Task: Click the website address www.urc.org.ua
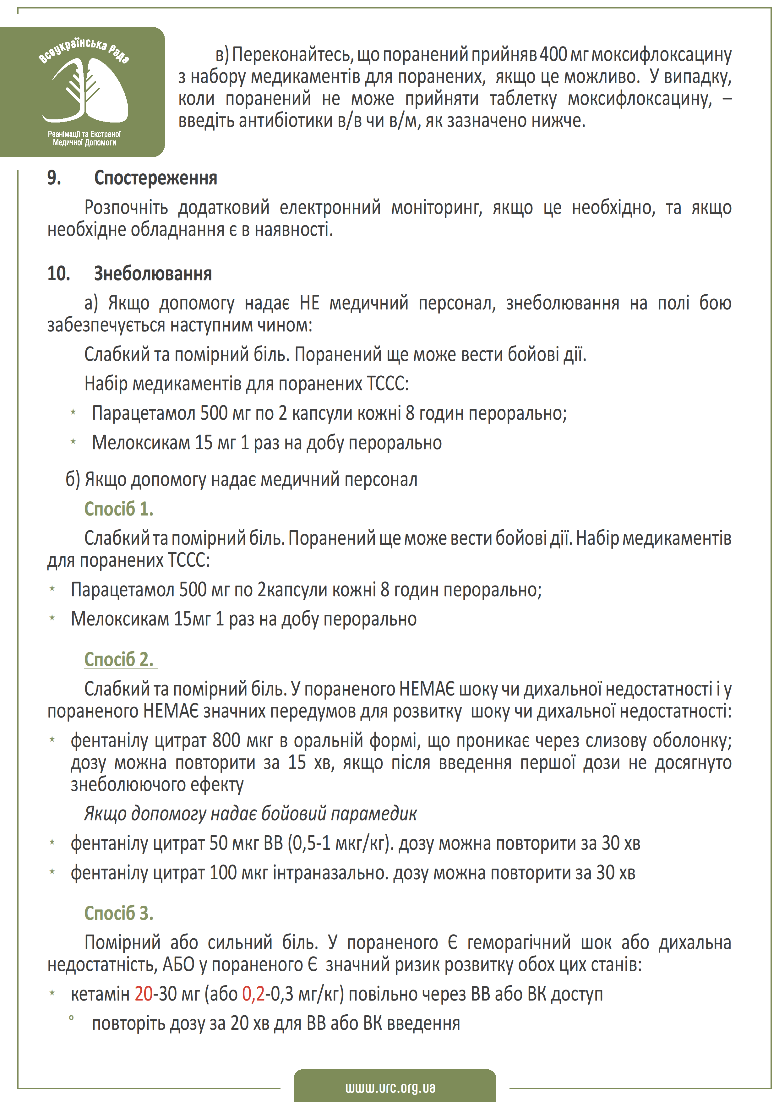click(x=390, y=1087)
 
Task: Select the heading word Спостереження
click(x=155, y=178)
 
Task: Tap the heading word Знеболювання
click(x=153, y=274)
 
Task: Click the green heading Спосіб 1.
click(x=118, y=509)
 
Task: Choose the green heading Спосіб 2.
click(x=118, y=659)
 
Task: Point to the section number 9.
click(x=54, y=178)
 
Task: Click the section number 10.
click(x=58, y=274)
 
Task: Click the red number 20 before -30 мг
click(x=144, y=994)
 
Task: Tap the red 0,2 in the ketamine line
click(x=253, y=994)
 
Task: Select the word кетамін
click(x=100, y=994)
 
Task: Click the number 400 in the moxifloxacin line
click(x=553, y=54)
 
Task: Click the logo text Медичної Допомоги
click(x=84, y=143)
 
